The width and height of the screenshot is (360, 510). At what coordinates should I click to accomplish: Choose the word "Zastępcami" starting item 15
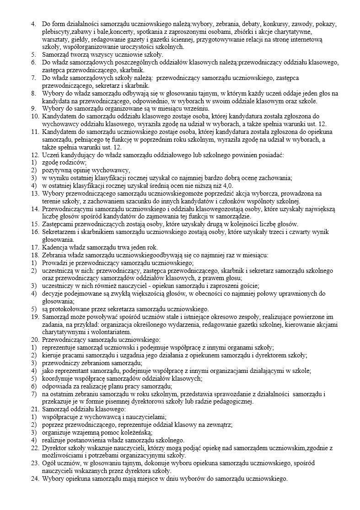point(58,224)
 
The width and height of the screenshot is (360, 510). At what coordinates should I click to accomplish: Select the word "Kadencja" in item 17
point(55,247)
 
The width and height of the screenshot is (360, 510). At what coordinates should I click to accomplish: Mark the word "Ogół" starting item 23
point(49,463)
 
